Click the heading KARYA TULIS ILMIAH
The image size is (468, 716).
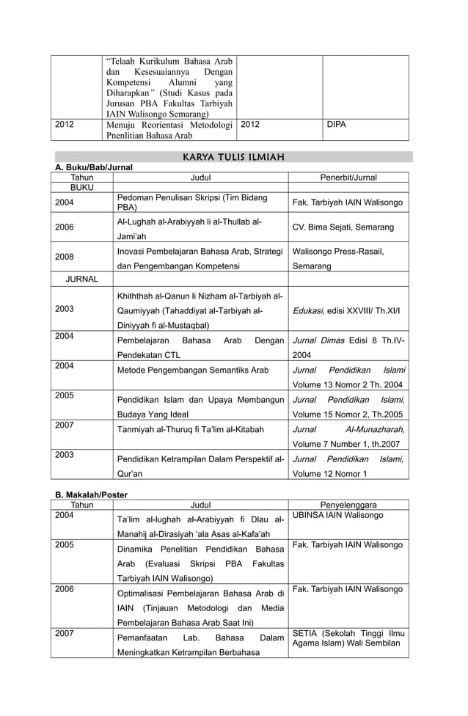[232, 156]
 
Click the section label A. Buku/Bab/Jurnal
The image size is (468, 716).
[90, 167]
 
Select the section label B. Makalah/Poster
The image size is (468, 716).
[91, 494]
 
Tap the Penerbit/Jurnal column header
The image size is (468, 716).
[348, 178]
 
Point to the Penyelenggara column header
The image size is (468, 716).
[348, 505]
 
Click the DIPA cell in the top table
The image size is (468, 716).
[336, 125]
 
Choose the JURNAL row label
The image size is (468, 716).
[82, 280]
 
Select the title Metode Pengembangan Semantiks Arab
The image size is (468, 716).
[192, 370]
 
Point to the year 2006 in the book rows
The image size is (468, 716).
[65, 227]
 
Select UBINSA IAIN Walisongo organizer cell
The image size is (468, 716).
[337, 516]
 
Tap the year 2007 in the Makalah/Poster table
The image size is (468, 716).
[65, 633]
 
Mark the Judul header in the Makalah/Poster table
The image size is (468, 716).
[200, 505]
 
